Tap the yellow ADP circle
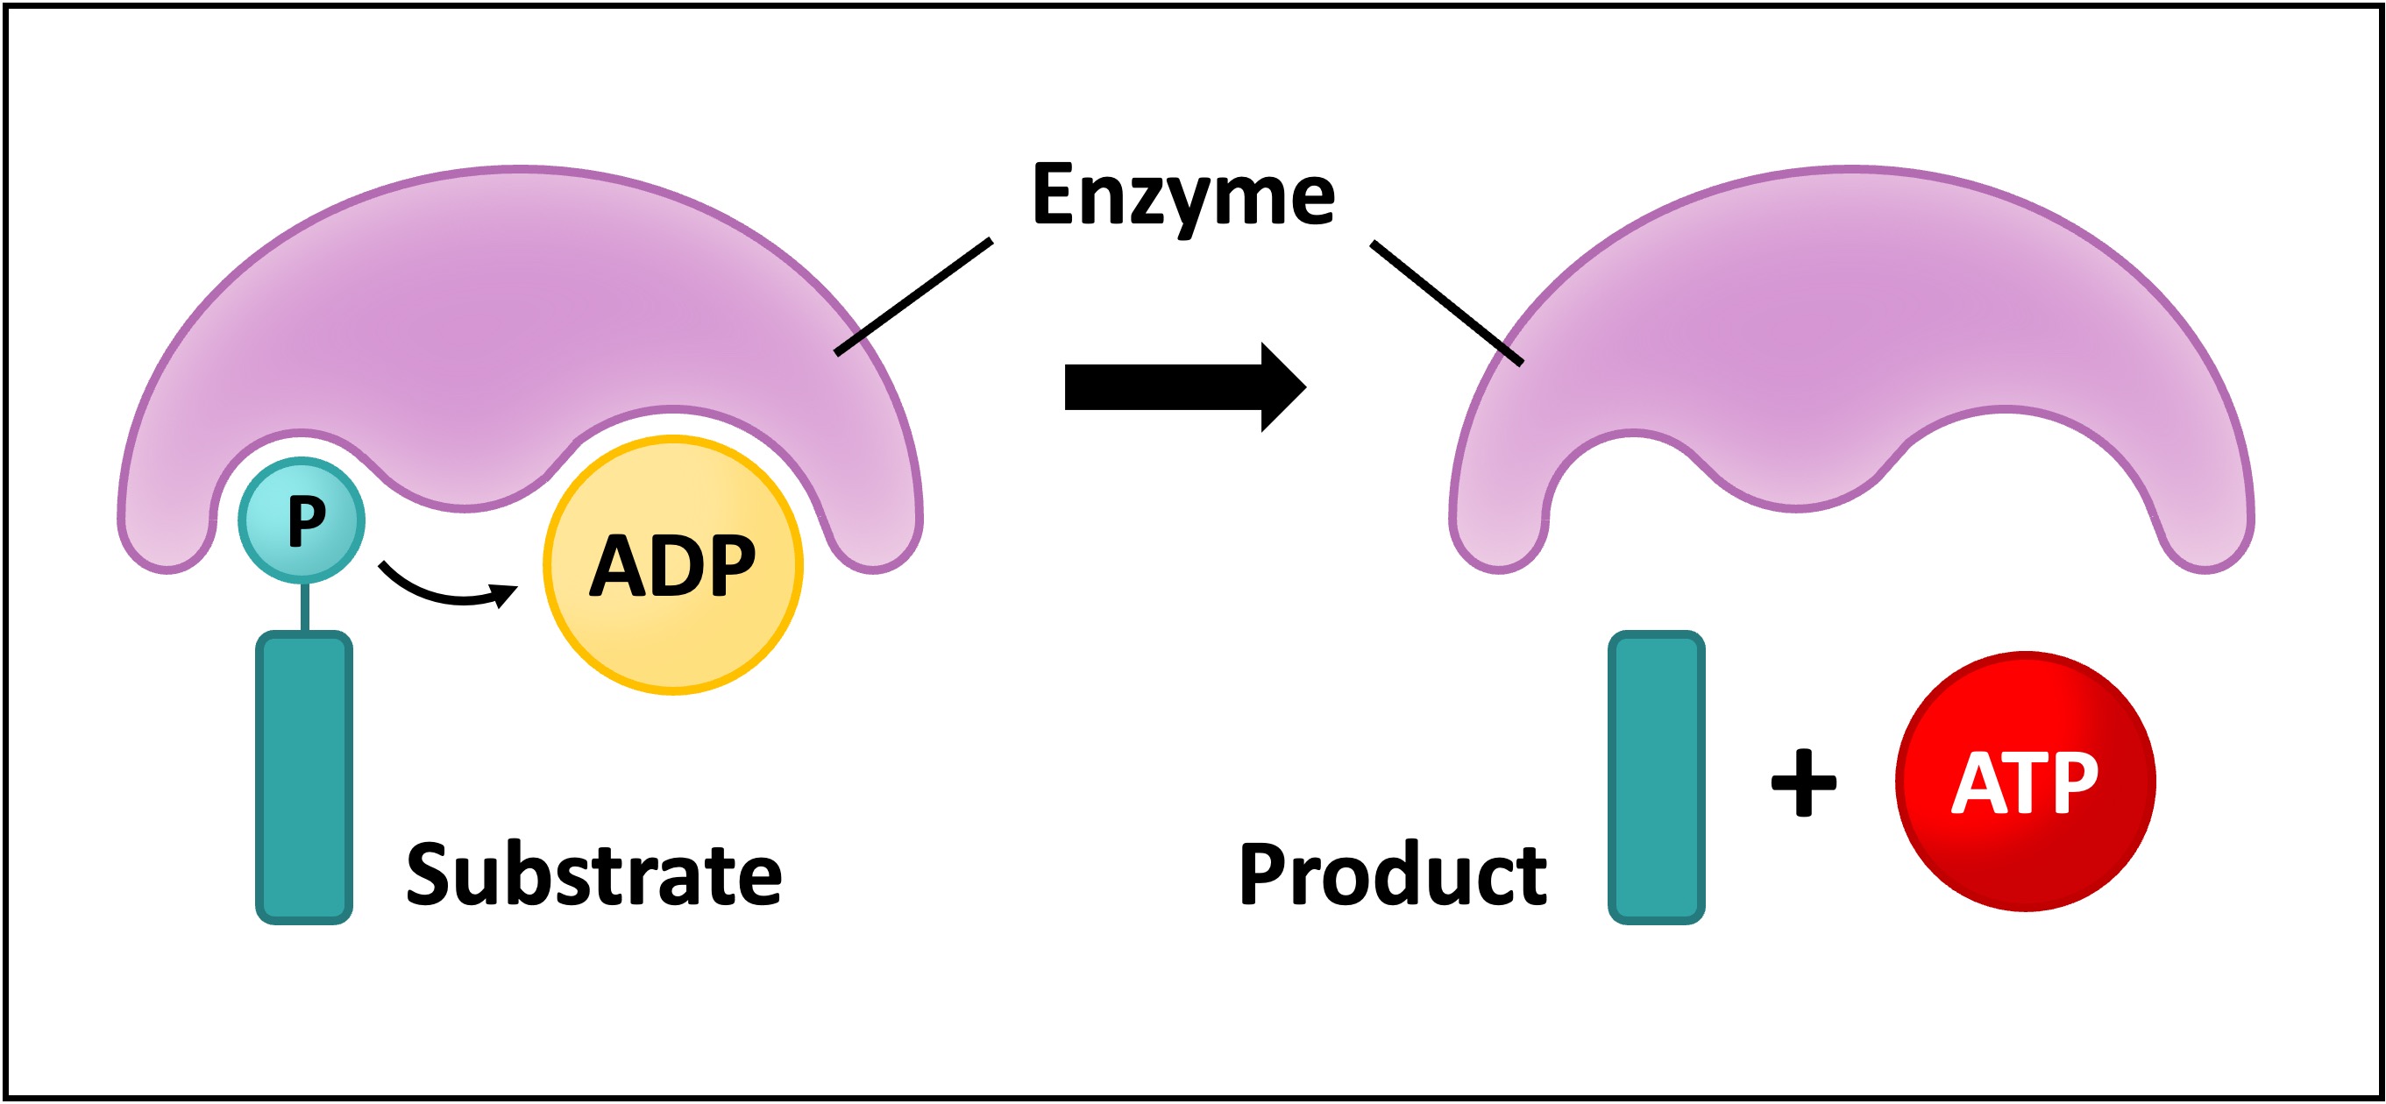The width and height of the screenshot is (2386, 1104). (673, 630)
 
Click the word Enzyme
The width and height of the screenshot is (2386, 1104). (1182, 195)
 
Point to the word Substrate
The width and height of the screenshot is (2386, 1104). (593, 874)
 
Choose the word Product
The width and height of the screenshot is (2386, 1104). (1392, 874)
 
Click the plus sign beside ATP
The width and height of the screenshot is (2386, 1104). (1803, 782)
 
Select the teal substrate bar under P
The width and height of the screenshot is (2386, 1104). (304, 778)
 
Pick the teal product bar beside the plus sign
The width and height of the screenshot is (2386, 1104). (1656, 778)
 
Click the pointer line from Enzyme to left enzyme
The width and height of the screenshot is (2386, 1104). (913, 296)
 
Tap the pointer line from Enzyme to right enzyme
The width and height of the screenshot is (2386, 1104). (1445, 303)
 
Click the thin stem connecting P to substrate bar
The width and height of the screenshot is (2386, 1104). (304, 607)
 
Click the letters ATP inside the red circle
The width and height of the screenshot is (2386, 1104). (2025, 782)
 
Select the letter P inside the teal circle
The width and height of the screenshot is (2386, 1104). (307, 521)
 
